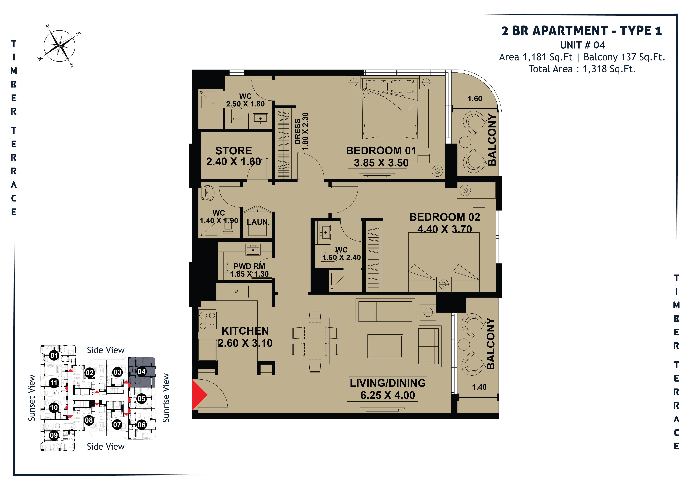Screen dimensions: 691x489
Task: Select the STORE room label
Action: (234, 151)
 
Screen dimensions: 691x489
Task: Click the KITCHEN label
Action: (245, 331)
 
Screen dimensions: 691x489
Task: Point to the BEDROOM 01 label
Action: (381, 151)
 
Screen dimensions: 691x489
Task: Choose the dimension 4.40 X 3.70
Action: (445, 229)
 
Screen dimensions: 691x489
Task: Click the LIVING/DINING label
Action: (388, 383)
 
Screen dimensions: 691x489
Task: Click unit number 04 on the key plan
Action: (141, 372)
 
